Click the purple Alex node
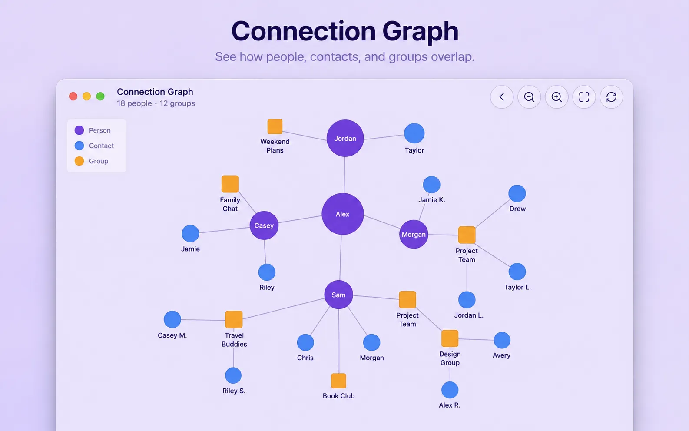(x=343, y=214)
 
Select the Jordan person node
(x=345, y=138)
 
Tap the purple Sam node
(x=338, y=295)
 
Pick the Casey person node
(x=264, y=225)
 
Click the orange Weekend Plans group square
(x=275, y=126)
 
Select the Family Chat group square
(x=230, y=184)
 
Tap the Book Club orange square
(x=338, y=381)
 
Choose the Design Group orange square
(x=450, y=338)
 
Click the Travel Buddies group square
(x=234, y=319)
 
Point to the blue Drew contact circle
(x=517, y=193)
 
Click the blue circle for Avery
(x=502, y=340)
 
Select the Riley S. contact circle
(x=233, y=375)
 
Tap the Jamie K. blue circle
(x=431, y=185)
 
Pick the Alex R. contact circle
(x=450, y=390)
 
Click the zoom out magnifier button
(x=529, y=97)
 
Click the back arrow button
(x=502, y=97)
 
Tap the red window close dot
(x=73, y=96)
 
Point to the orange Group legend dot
(x=79, y=161)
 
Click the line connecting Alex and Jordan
(x=344, y=175)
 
